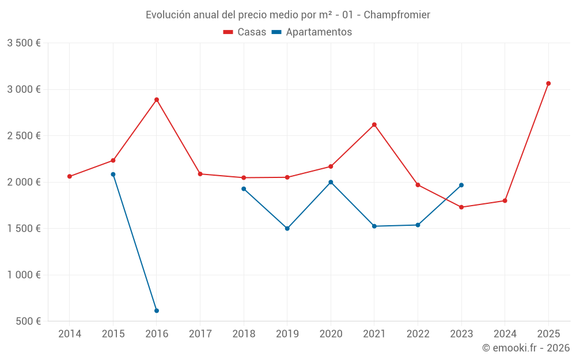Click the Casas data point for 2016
[157, 100]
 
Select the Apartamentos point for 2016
[157, 310]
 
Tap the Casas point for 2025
[548, 84]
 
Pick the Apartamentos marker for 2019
[287, 229]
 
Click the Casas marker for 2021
[374, 124]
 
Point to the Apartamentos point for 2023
[461, 185]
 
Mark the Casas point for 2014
[70, 176]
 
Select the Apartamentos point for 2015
[113, 175]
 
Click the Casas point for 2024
[505, 200]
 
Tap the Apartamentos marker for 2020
[331, 182]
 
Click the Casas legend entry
[245, 32]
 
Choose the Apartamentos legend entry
[312, 32]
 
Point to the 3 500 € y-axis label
[24, 43]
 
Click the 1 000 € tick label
[24, 275]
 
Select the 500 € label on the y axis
[28, 321]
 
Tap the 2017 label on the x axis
[200, 334]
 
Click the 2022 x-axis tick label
[418, 334]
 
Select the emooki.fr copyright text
[526, 348]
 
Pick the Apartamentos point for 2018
[244, 189]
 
